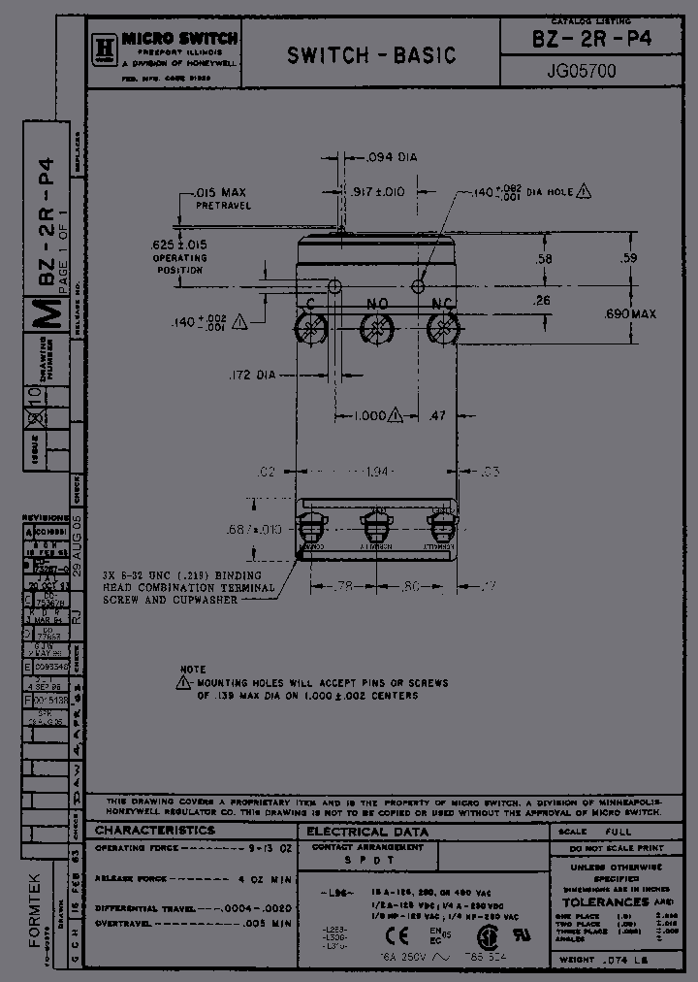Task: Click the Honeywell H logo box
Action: (x=105, y=46)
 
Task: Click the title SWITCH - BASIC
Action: (x=371, y=55)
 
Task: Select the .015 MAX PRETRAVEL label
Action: (x=221, y=199)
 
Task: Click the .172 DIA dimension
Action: (x=252, y=374)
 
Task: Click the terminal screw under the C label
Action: (x=313, y=332)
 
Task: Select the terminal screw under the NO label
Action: (x=377, y=332)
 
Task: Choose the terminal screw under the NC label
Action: (x=442, y=332)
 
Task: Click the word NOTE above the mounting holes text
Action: (x=193, y=670)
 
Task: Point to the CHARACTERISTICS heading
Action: (x=155, y=831)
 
